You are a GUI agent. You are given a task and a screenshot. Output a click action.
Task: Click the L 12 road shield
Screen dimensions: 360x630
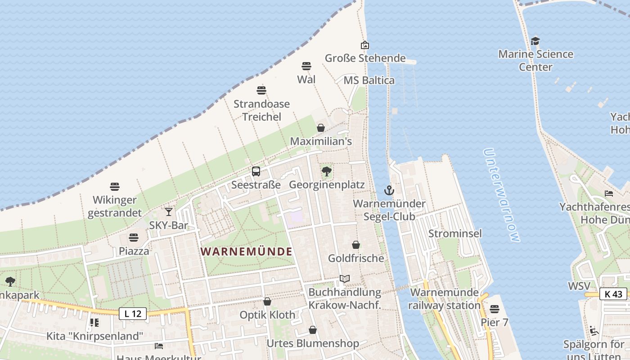[133, 314]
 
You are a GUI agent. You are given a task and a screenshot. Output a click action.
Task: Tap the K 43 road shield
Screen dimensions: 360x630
[613, 294]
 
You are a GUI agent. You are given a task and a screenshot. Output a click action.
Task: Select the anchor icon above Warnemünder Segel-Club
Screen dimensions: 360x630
[389, 190]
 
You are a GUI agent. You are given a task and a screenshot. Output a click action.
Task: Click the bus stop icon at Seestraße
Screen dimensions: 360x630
[256, 171]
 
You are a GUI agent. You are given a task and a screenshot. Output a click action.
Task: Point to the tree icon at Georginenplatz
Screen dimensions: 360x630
[327, 171]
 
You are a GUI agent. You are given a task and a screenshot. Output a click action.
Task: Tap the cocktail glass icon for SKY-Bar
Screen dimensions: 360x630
[169, 211]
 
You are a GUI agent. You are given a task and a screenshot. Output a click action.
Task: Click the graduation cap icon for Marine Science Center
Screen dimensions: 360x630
[535, 41]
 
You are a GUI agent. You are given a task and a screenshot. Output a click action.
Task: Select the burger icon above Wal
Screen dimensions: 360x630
[306, 66]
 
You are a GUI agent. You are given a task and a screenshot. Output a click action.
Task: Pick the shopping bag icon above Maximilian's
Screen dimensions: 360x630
[321, 128]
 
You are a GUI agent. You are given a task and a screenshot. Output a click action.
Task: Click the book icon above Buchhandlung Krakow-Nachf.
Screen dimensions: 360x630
[345, 279]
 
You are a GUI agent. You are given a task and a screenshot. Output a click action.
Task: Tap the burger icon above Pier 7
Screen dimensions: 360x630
[495, 309]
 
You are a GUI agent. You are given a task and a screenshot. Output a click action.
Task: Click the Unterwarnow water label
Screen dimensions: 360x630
[502, 195]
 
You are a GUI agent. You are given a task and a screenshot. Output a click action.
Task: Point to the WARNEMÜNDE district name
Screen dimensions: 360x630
[247, 252]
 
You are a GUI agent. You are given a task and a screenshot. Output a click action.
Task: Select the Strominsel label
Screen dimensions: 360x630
[455, 234]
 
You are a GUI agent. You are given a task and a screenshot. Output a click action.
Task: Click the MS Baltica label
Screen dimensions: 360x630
[369, 81]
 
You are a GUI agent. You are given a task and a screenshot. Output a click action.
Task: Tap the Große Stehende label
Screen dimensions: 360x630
[365, 58]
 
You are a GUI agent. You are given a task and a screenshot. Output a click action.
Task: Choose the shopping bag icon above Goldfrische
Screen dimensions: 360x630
[356, 245]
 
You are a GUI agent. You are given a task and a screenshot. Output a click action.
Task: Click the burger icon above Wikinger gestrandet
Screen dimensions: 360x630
[115, 187]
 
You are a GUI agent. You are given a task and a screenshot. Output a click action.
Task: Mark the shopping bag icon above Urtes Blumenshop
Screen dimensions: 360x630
[313, 330]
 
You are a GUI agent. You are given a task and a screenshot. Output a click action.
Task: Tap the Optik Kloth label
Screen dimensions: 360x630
[267, 315]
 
